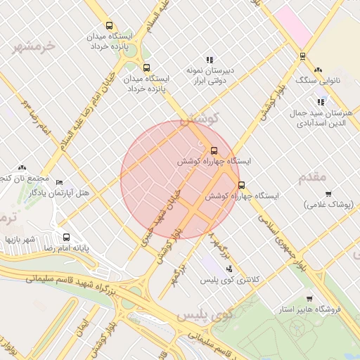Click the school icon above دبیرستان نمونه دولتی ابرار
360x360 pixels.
[209, 60]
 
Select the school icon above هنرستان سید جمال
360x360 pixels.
[321, 102]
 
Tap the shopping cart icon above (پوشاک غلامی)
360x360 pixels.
[328, 194]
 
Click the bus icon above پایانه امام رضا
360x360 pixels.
[66, 237]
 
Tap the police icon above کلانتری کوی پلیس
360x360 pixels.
[228, 269]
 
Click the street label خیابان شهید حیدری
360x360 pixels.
[160, 208]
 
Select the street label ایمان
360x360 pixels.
[83, 328]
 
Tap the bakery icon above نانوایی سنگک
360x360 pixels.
[319, 70]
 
